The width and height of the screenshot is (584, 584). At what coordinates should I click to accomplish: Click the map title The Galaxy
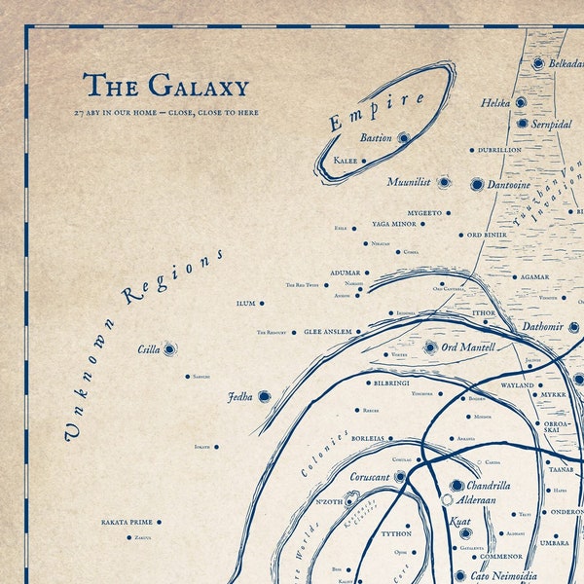[x=165, y=87]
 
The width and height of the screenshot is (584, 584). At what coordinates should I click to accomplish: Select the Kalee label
[x=345, y=161]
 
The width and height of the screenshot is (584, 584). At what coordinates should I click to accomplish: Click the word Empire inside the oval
[x=377, y=109]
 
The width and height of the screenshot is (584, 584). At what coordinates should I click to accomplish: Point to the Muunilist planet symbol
[x=444, y=182]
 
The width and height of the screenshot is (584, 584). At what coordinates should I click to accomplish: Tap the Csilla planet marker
[x=170, y=348]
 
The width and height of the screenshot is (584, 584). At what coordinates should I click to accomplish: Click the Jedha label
[x=239, y=397]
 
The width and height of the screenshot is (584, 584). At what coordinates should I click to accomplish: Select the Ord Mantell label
[x=468, y=347]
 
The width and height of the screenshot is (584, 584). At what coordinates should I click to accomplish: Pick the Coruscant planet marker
[x=399, y=477]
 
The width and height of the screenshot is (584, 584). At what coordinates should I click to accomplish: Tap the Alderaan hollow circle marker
[x=447, y=499]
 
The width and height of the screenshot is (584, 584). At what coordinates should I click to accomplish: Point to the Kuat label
[x=460, y=523]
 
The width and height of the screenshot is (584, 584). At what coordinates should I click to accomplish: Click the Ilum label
[x=245, y=304]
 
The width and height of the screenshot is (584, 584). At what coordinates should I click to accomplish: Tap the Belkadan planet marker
[x=538, y=63]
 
